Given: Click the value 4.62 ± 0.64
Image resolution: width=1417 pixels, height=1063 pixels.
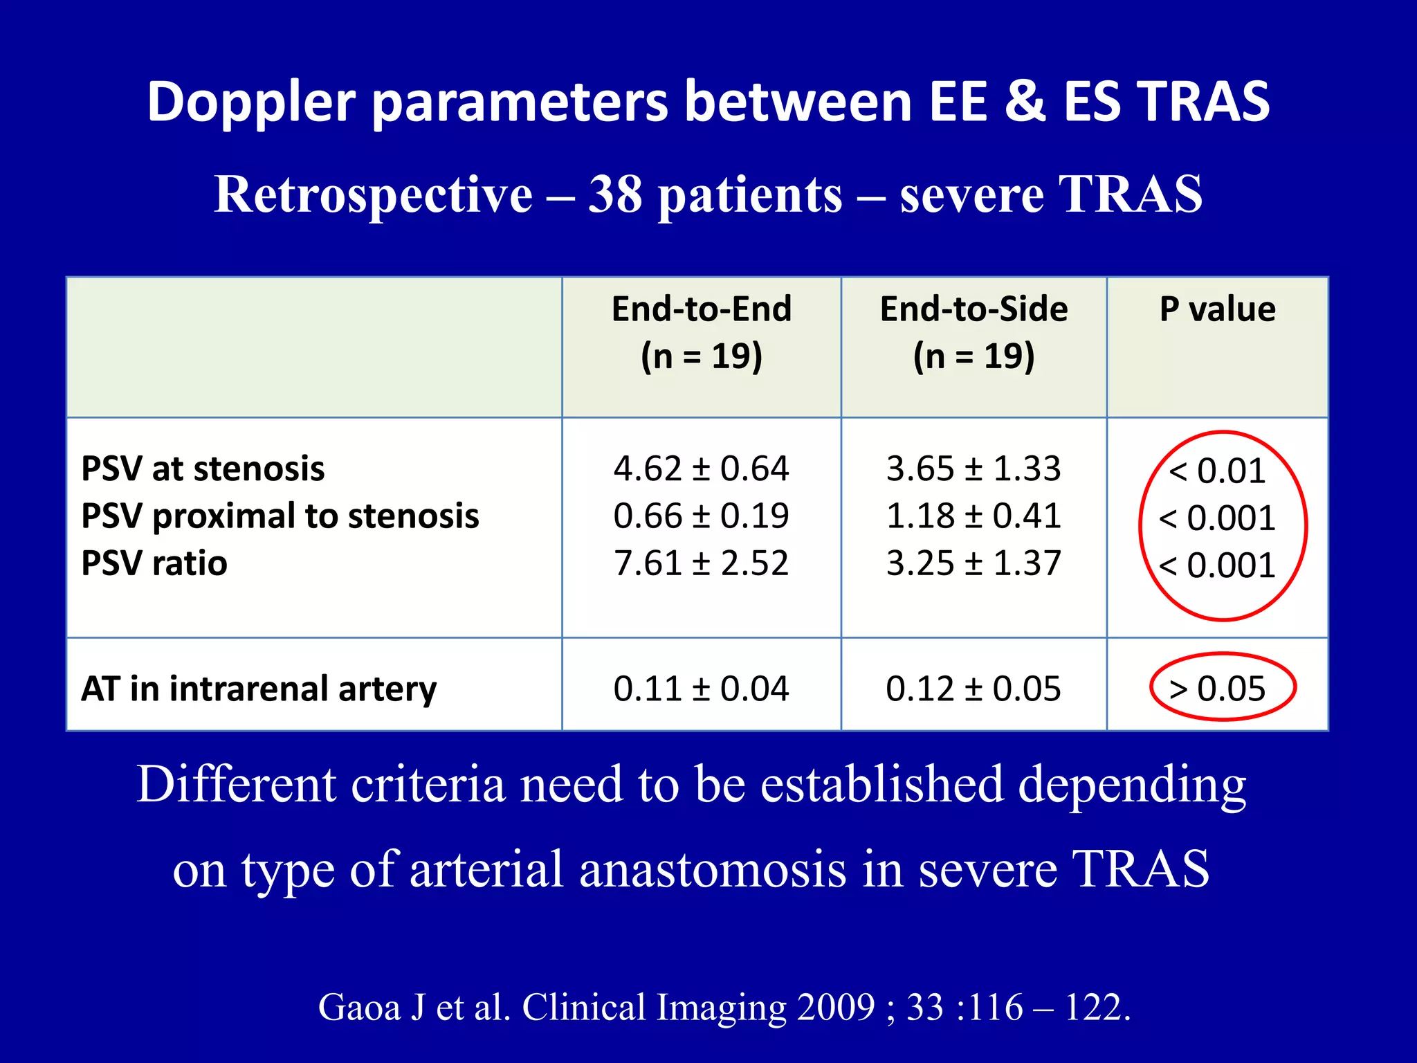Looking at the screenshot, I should pyautogui.click(x=701, y=469).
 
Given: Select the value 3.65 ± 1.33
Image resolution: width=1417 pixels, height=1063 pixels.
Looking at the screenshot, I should pyautogui.click(x=973, y=469).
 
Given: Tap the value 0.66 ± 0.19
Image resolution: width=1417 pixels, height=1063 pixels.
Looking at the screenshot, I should pyautogui.click(x=701, y=516).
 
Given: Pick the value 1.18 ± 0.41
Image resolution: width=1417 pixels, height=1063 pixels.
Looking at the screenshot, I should pyautogui.click(x=973, y=516).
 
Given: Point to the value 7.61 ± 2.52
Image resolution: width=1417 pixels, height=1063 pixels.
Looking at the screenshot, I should pyautogui.click(x=701, y=563).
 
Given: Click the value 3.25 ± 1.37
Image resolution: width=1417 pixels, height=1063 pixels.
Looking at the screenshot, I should pyautogui.click(x=973, y=563).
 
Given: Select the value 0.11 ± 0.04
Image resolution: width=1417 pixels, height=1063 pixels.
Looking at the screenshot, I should pyautogui.click(x=701, y=689).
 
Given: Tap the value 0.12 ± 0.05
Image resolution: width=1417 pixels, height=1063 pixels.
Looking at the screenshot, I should pyautogui.click(x=973, y=689).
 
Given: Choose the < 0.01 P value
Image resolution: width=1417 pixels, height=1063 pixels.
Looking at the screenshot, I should pyautogui.click(x=1218, y=471).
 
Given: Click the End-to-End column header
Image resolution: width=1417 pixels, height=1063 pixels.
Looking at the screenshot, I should pyautogui.click(x=702, y=332).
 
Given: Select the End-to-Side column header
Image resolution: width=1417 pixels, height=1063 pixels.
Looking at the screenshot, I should pyautogui.click(x=973, y=332).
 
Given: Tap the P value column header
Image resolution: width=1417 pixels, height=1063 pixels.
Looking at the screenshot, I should pyautogui.click(x=1218, y=309).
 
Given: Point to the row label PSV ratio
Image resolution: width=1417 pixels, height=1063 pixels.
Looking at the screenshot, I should pyautogui.click(x=154, y=563).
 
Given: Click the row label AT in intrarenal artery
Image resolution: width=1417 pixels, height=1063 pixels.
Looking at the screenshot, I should pyautogui.click(x=259, y=689).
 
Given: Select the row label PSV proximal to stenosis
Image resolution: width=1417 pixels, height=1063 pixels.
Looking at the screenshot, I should pyautogui.click(x=280, y=516).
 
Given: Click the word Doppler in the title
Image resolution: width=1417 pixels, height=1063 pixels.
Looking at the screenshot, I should pyautogui.click(x=251, y=102).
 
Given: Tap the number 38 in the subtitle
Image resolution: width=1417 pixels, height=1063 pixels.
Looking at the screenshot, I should pyautogui.click(x=615, y=194).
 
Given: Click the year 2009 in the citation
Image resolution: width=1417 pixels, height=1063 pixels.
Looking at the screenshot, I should pyautogui.click(x=836, y=1007).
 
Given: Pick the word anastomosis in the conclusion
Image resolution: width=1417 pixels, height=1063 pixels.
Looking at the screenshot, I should pyautogui.click(x=713, y=869).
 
